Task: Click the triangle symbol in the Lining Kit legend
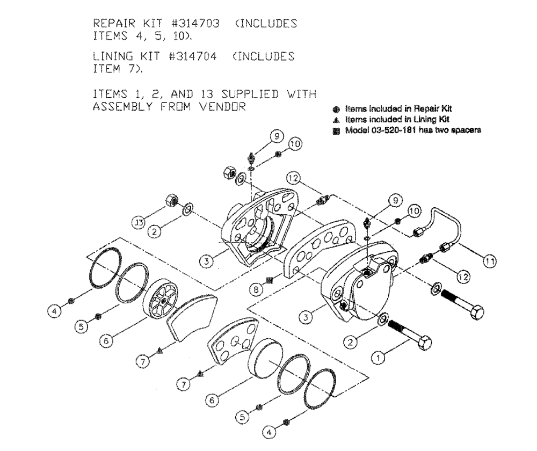[x=336, y=119]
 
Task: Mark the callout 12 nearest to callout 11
[x=462, y=277]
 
